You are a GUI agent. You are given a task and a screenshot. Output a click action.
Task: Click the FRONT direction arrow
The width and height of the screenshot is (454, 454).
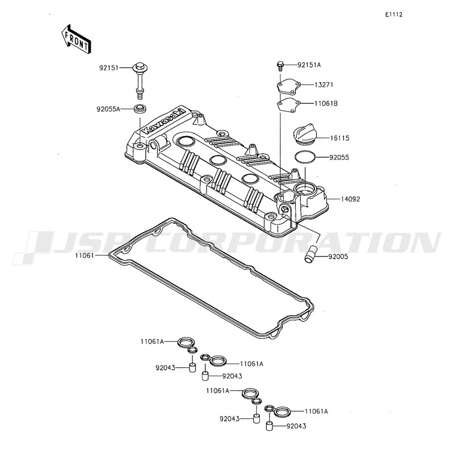click(76, 39)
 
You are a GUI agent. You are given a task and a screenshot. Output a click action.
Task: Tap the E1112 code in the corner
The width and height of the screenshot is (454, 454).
click(393, 15)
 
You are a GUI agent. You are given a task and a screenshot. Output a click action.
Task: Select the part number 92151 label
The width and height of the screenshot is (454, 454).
click(109, 68)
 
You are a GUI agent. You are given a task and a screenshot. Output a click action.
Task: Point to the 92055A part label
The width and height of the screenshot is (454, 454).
click(108, 109)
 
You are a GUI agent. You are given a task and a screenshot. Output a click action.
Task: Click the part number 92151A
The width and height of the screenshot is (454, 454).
click(309, 65)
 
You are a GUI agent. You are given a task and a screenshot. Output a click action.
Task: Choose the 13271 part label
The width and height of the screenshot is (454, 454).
click(323, 85)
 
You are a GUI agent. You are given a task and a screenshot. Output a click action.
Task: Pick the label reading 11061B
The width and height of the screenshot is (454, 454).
click(326, 103)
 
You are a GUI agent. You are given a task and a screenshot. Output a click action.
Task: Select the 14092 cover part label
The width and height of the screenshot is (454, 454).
click(350, 199)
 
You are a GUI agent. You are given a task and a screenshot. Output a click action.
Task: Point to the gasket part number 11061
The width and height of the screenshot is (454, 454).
click(85, 255)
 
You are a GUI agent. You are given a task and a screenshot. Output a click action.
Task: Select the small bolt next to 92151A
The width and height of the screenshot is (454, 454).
click(280, 66)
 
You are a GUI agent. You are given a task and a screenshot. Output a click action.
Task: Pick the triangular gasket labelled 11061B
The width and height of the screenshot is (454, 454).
click(288, 106)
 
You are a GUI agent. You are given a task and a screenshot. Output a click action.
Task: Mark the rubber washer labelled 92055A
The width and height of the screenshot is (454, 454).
click(141, 109)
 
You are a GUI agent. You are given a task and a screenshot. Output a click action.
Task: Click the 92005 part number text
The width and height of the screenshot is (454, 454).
click(338, 257)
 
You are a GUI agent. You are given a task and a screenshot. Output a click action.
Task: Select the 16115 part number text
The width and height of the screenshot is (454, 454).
click(339, 138)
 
